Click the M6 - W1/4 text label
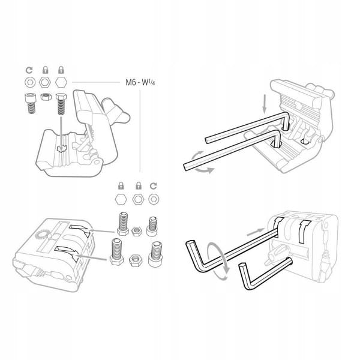(x=140, y=82)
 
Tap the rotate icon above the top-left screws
(x=29, y=70)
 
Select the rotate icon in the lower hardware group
(x=153, y=186)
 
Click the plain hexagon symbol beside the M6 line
(x=61, y=82)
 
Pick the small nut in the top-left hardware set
(x=46, y=97)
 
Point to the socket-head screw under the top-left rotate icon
(x=31, y=103)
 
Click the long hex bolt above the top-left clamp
(x=61, y=104)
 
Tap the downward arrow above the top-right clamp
(x=265, y=104)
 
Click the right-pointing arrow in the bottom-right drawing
(x=256, y=232)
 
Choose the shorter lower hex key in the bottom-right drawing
(x=264, y=274)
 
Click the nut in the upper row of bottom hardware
(x=137, y=232)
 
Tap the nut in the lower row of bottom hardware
(x=136, y=260)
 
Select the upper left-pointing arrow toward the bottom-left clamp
(x=101, y=230)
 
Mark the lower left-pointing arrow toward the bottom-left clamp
(x=91, y=257)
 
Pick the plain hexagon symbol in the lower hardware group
(x=121, y=199)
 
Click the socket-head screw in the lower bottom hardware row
(x=155, y=254)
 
